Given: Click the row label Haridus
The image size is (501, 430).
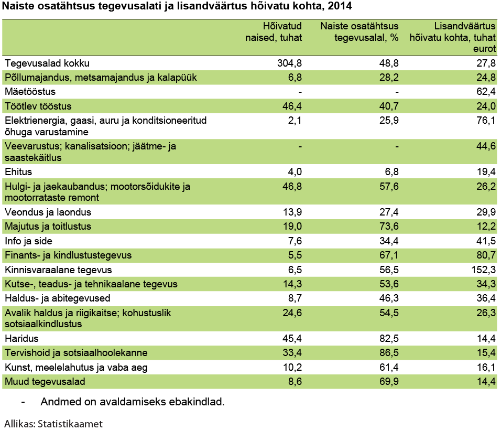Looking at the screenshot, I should (21, 339).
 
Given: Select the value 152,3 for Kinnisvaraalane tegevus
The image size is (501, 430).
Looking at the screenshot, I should (483, 270).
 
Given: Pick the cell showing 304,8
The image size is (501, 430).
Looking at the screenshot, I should (290, 63).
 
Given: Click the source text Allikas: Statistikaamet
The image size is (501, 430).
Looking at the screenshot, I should (53, 423).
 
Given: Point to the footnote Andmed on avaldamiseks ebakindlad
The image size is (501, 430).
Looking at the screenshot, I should (132, 403).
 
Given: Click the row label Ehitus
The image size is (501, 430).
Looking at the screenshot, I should (18, 171).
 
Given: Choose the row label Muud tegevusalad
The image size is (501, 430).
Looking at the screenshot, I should (45, 381).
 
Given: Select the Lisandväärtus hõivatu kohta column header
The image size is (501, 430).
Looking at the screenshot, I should (453, 37).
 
